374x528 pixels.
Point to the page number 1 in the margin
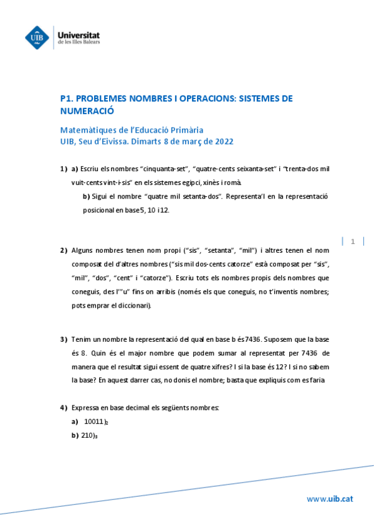(x=353, y=241)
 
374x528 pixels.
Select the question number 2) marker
(x=64, y=250)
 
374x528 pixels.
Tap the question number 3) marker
(x=64, y=339)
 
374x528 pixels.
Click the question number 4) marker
(x=64, y=408)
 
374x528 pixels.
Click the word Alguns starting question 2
(x=84, y=250)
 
